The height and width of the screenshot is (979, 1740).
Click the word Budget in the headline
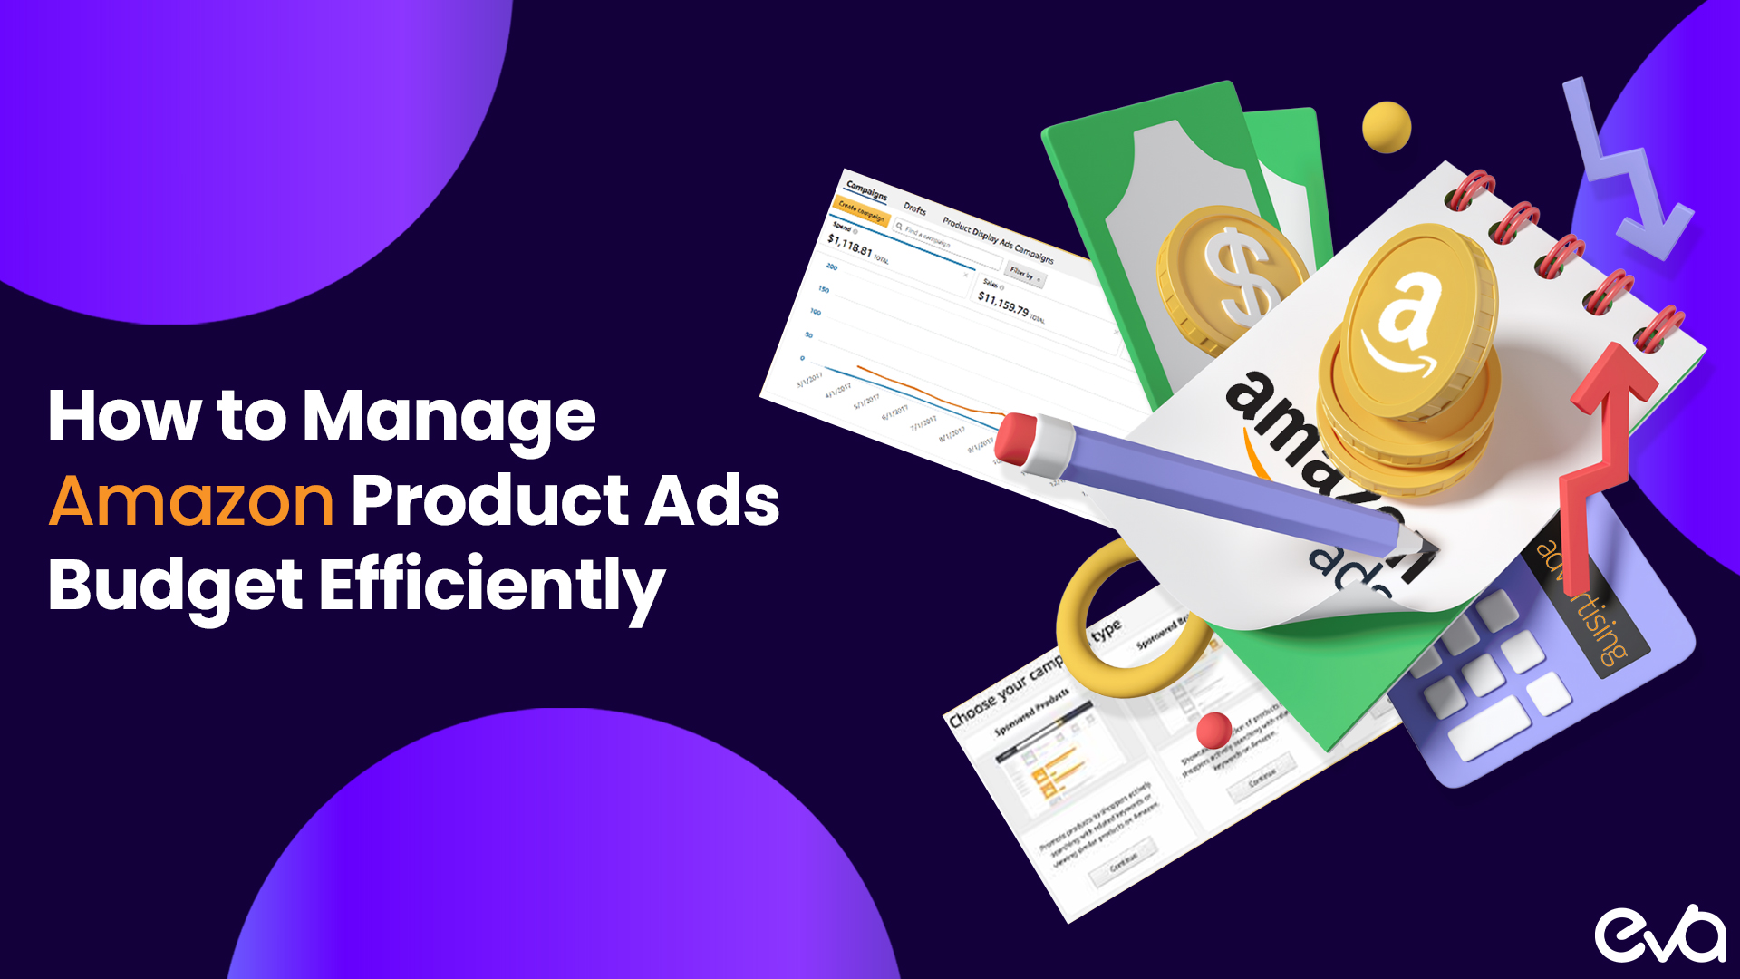(x=175, y=586)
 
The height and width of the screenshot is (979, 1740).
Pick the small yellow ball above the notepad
(x=1387, y=127)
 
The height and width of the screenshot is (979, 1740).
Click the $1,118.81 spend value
(x=849, y=245)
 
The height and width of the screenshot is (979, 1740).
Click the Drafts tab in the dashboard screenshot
(x=914, y=208)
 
